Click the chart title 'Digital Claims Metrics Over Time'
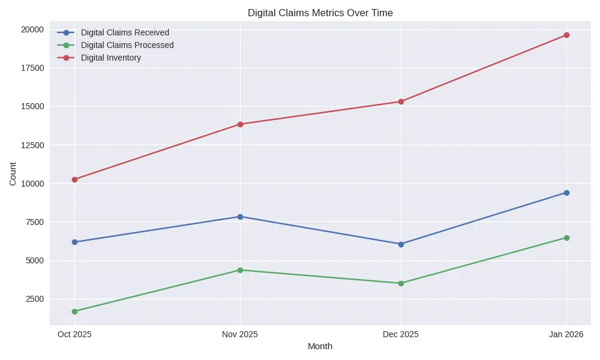320,13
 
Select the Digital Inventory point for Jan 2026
566,35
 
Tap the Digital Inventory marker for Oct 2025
74,179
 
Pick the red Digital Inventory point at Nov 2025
240,124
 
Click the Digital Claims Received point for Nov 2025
240,217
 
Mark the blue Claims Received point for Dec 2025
401,244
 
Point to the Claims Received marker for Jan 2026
566,193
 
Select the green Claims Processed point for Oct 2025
74,311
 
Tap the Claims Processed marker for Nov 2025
240,270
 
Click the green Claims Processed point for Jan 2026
566,238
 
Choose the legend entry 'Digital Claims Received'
125,32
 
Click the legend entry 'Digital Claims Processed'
127,45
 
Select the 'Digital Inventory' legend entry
111,58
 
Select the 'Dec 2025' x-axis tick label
401,334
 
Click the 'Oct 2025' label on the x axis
74,334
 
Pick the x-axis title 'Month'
320,346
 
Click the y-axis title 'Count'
13,173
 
